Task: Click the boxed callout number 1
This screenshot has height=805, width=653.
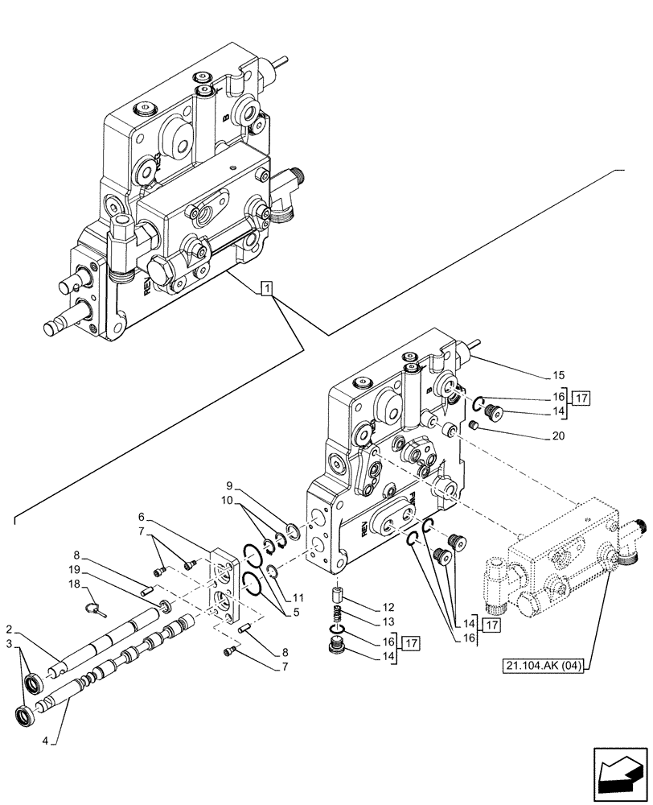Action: (x=267, y=288)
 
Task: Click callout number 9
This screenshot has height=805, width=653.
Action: (x=228, y=485)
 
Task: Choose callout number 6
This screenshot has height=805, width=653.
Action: (x=141, y=515)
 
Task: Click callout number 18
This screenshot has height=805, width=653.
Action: (x=73, y=584)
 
